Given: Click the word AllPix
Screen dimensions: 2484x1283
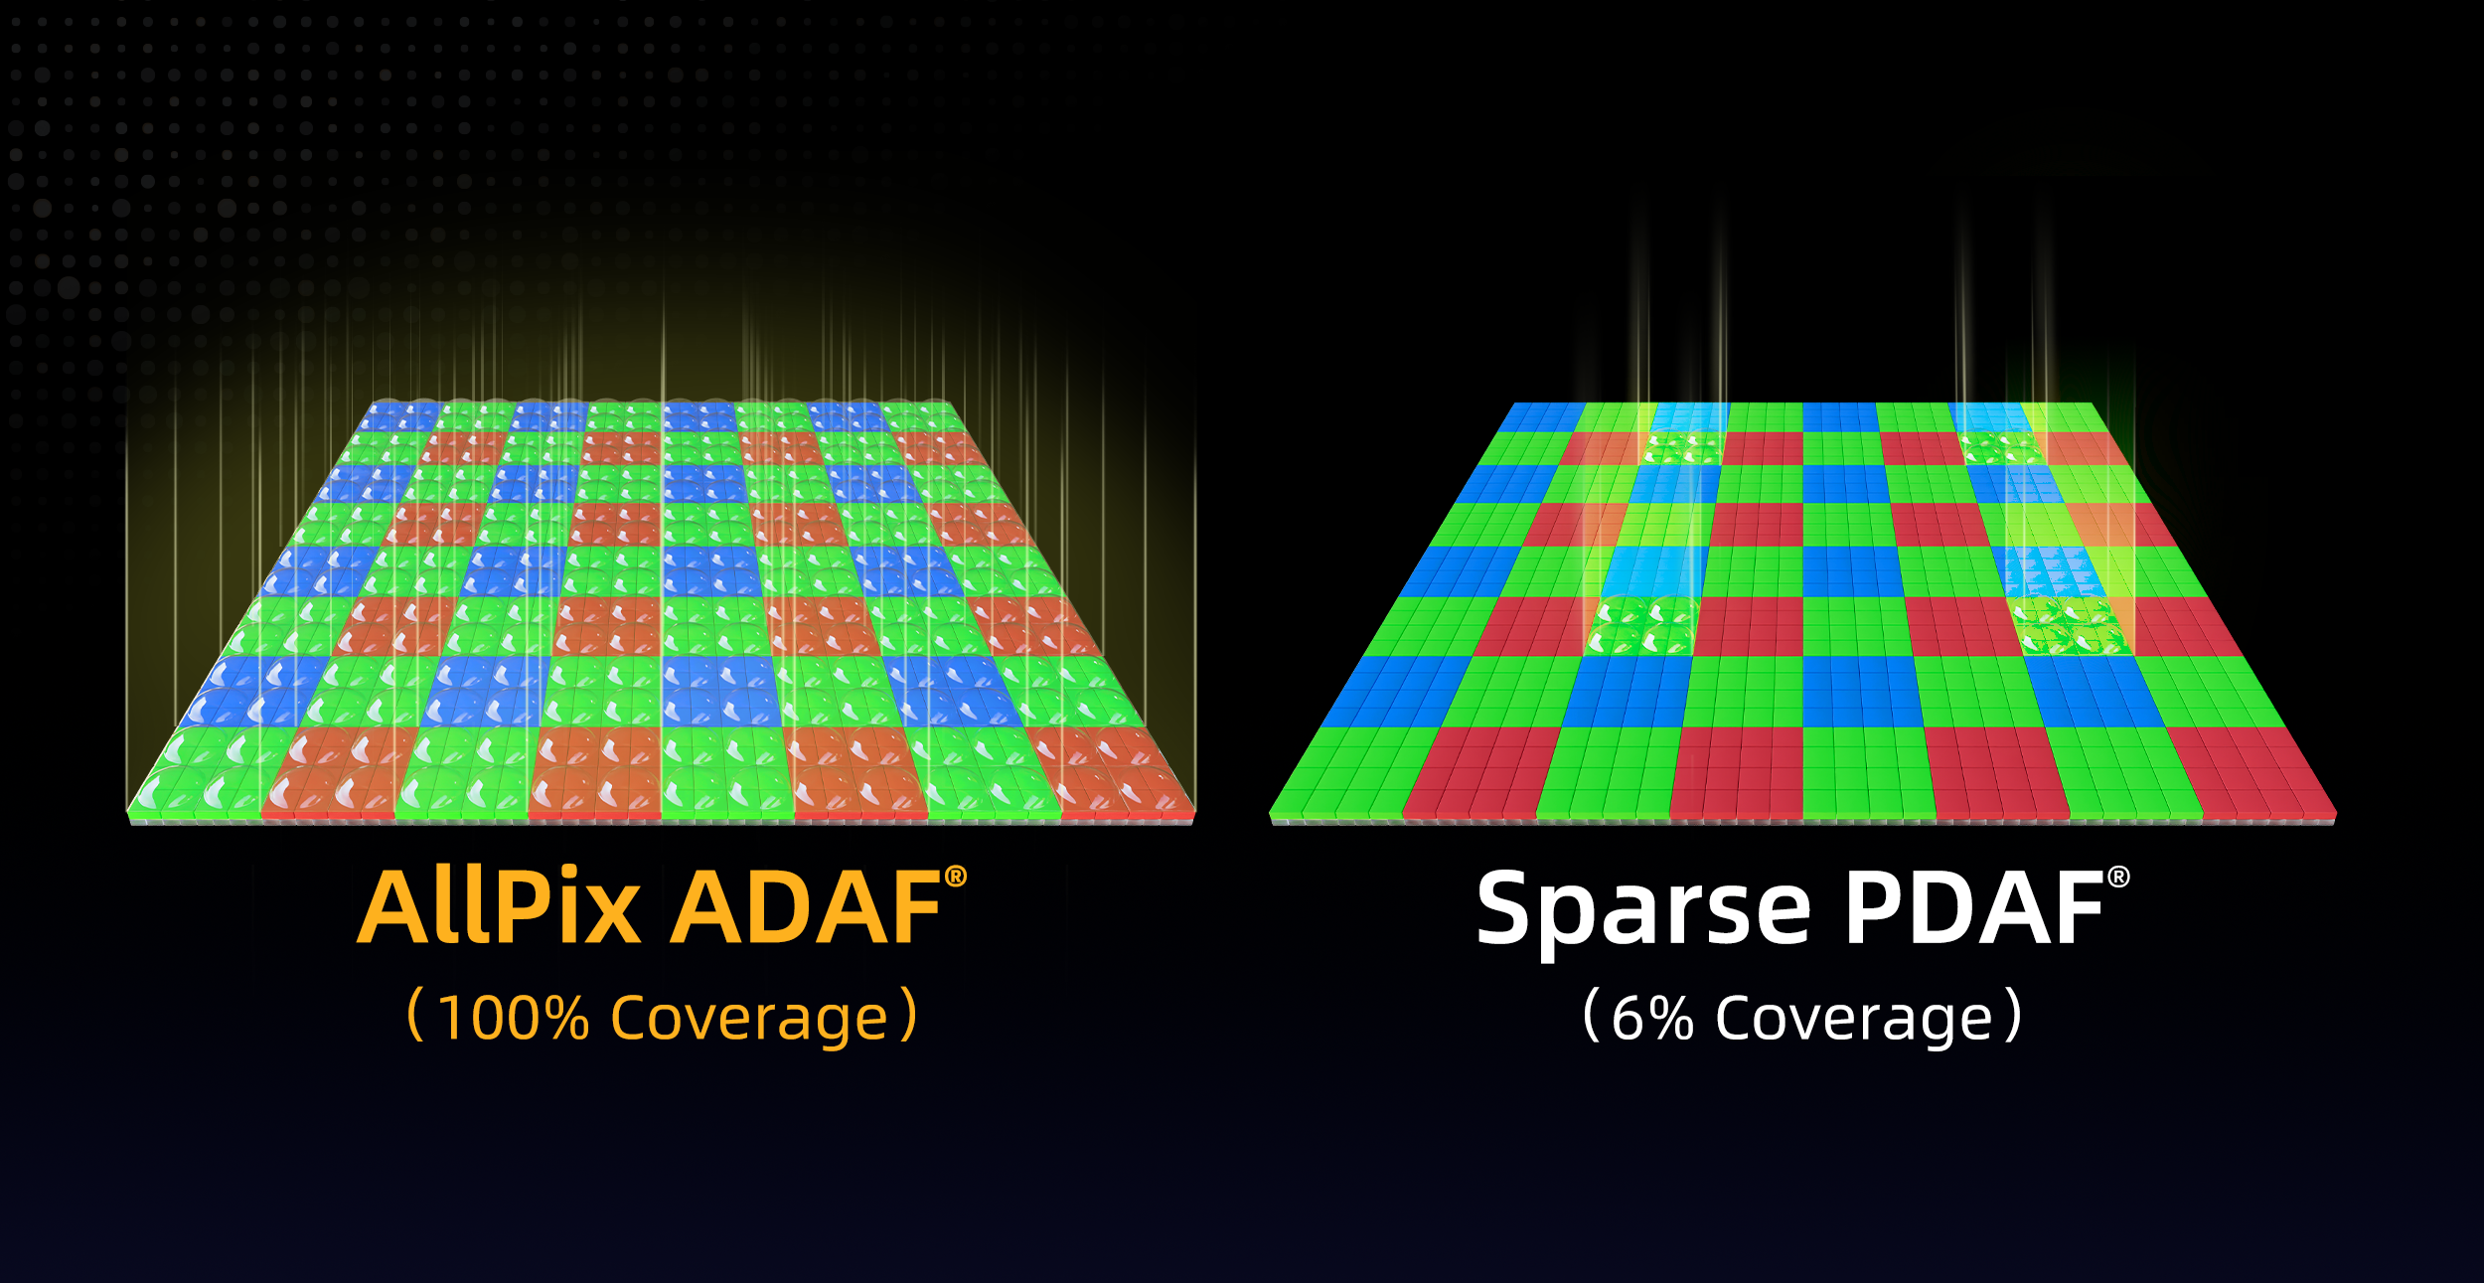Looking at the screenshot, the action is [x=499, y=906].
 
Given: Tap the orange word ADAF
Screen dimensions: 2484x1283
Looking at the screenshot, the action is [x=806, y=908].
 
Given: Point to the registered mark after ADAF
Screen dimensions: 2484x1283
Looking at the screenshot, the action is [x=955, y=877].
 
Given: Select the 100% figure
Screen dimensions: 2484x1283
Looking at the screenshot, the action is [x=513, y=1019].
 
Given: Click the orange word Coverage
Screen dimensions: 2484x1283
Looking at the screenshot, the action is [x=748, y=1021].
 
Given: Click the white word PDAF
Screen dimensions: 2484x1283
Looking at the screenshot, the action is [x=1974, y=908].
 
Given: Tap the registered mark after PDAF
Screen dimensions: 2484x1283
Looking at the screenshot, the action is [x=2118, y=877].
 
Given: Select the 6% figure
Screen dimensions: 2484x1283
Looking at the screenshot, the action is [x=1652, y=1019].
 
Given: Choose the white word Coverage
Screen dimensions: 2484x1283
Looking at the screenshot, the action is [x=1854, y=1021].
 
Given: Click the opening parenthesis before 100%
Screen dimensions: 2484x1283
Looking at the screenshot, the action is [x=416, y=1015].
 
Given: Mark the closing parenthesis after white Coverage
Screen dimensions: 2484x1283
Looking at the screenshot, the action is [x=2012, y=1015].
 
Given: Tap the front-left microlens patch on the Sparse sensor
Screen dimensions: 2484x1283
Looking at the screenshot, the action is [x=1641, y=625].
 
